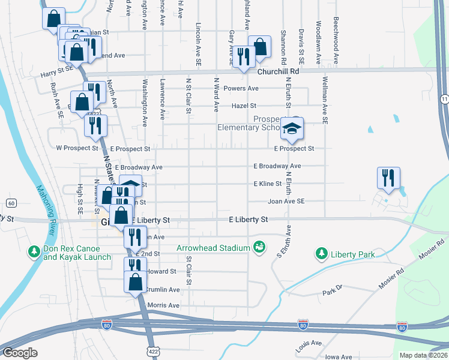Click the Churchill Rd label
(278, 71)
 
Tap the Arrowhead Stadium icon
(259, 247)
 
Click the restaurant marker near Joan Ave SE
(388, 178)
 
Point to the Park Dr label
(331, 291)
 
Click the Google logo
(20, 353)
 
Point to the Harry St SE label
(56, 70)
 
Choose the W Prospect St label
(77, 148)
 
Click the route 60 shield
(11, 202)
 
